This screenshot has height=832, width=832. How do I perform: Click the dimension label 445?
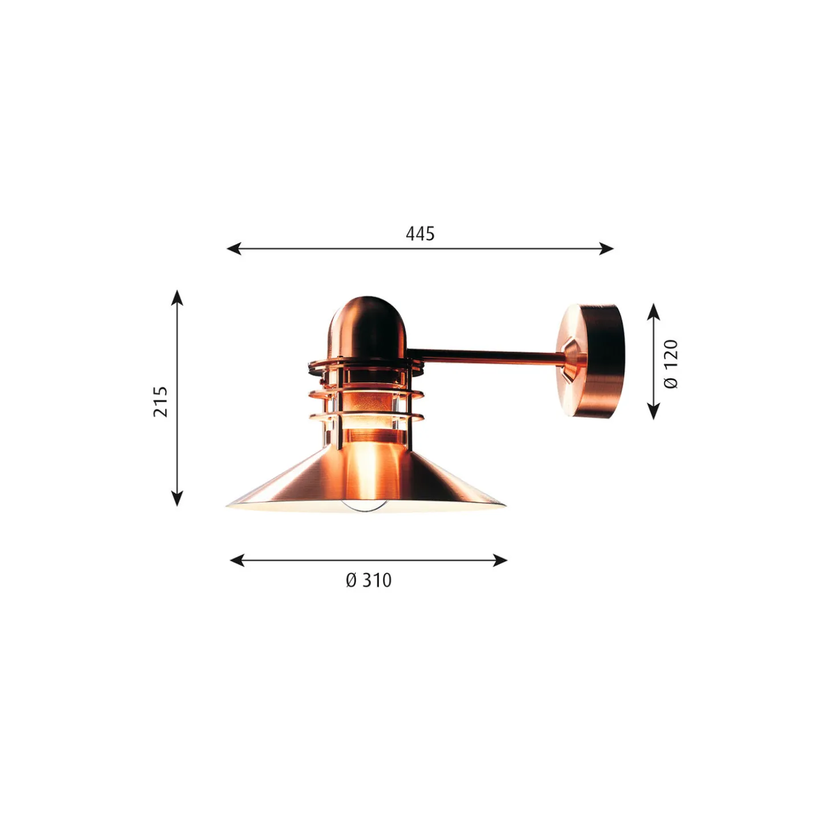pos(419,234)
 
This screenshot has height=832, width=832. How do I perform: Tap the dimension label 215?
pos(160,402)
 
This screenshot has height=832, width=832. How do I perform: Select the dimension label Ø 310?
pos(368,580)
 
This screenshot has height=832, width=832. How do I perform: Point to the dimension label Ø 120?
pos(671,364)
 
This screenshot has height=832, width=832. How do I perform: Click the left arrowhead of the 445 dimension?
pos(234,248)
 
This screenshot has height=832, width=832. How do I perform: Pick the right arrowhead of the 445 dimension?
pos(606,248)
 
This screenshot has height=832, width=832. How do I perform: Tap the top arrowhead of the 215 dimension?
pos(177,298)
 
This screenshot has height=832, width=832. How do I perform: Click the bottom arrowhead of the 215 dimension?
pos(177,498)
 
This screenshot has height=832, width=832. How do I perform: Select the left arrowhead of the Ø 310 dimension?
pos(238,560)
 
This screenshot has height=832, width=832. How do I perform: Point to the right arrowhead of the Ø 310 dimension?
pos(500,560)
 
